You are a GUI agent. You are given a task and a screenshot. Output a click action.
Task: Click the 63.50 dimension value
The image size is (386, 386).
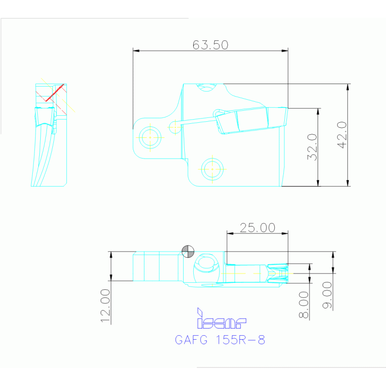coord(210,45)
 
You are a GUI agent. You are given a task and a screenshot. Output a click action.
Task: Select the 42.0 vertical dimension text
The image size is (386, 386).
coord(342,135)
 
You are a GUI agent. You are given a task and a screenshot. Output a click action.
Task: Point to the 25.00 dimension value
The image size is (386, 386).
coord(257,227)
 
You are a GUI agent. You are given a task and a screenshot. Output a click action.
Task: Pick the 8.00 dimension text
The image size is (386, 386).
coord(303,304)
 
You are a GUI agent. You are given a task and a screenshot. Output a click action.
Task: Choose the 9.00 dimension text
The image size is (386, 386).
coord(327,295)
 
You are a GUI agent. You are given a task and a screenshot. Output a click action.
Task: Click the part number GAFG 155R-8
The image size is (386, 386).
coord(219,340)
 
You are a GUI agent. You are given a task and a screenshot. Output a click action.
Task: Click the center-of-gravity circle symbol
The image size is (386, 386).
coord(188,251)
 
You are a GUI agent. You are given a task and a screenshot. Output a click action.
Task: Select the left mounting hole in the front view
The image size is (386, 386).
coord(150,137)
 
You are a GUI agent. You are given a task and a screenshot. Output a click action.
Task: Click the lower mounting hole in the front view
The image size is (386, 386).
coord(212,169)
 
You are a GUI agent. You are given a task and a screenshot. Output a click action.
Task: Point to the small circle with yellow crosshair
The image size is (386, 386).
coord(175,127)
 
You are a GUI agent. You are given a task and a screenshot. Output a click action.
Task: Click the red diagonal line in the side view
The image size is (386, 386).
coord(54,93)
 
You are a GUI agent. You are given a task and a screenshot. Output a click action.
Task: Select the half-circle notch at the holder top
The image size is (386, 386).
coord(206,88)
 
